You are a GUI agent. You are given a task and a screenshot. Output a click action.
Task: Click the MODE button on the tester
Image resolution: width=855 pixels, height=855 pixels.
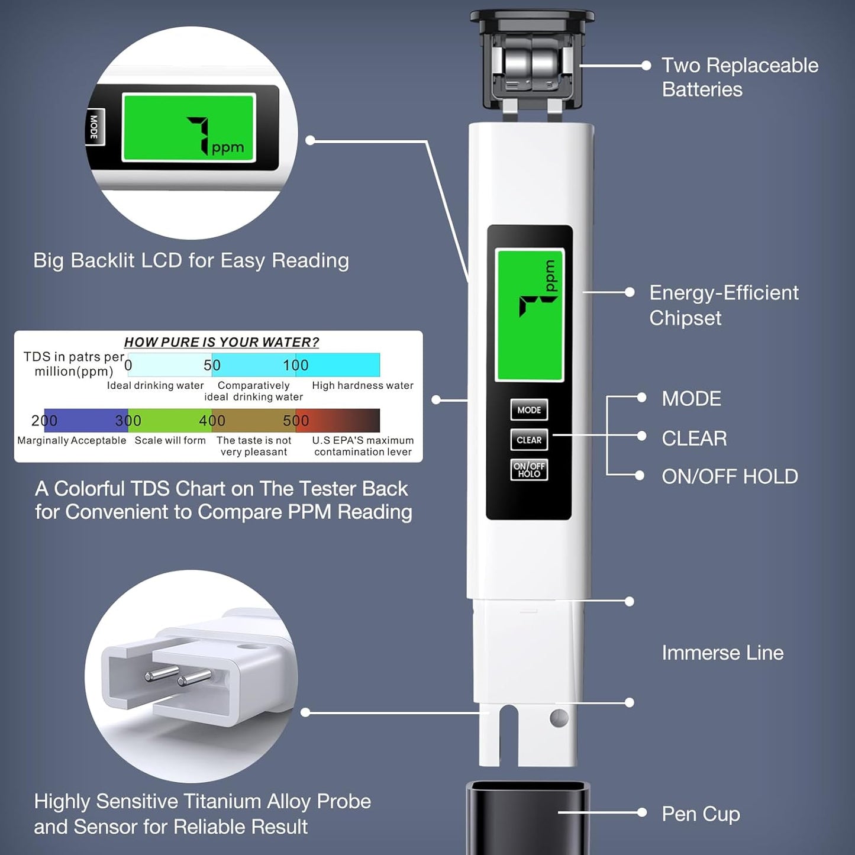point(529,409)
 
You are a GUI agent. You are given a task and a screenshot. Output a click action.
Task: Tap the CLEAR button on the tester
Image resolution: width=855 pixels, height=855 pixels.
point(529,440)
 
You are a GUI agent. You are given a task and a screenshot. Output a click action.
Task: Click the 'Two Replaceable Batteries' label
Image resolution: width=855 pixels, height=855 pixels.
point(740,77)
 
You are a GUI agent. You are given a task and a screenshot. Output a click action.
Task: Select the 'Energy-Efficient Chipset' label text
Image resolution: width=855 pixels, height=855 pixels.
point(723,305)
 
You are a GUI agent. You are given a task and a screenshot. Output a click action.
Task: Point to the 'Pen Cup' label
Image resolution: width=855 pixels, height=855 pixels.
point(701,814)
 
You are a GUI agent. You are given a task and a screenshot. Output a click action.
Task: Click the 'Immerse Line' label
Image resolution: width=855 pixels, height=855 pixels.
point(722,653)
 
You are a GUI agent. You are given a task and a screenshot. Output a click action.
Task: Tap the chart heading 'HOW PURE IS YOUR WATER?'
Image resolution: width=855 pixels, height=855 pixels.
point(221,342)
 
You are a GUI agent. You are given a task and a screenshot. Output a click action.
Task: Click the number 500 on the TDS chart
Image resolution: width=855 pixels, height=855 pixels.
point(296,420)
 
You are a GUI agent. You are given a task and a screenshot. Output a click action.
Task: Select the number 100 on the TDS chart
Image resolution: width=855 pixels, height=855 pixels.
point(296,365)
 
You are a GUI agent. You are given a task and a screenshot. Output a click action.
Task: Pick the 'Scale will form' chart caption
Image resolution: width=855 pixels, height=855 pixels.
point(170,440)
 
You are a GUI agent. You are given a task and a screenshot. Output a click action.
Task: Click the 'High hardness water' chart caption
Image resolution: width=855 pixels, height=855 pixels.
point(362,385)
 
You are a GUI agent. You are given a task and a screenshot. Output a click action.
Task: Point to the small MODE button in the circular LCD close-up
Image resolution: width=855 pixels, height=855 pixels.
point(94,127)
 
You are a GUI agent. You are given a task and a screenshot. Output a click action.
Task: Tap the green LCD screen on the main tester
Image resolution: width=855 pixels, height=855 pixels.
point(530,315)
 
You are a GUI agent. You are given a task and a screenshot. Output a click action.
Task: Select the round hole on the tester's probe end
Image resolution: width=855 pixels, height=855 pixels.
point(559,718)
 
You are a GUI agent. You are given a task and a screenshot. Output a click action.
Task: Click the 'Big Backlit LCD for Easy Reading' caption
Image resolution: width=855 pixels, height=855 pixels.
point(191,260)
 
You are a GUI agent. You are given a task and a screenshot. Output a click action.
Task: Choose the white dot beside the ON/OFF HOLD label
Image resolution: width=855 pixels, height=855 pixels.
point(640,475)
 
